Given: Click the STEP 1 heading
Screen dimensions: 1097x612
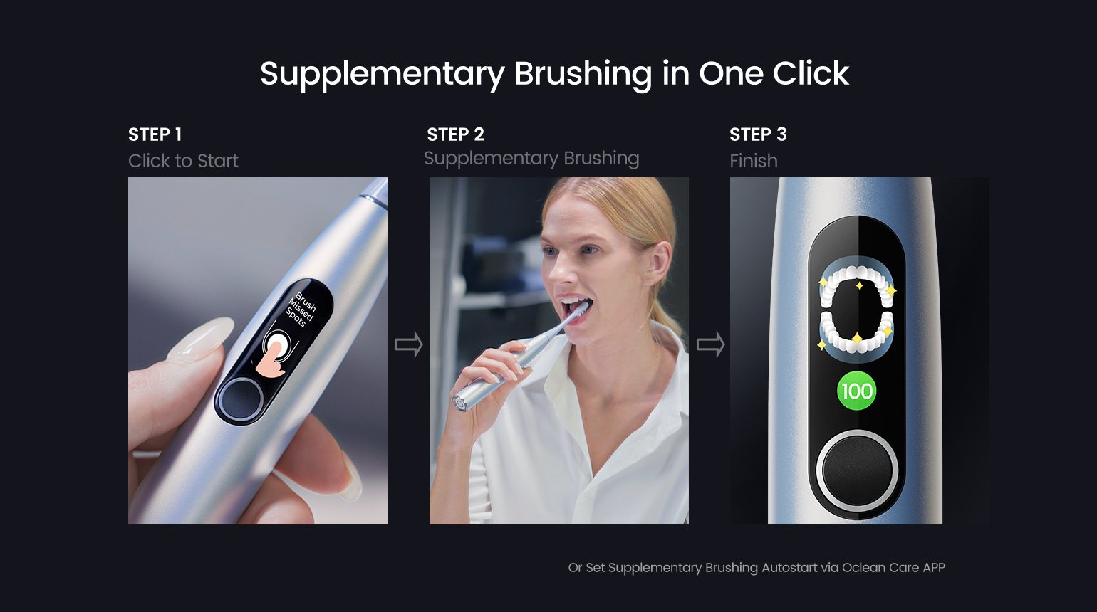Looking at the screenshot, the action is [155, 134].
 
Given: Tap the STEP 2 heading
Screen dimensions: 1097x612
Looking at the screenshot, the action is [455, 134].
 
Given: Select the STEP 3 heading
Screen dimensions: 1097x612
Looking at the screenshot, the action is [758, 134].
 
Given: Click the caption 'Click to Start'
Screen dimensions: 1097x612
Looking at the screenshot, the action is [183, 161].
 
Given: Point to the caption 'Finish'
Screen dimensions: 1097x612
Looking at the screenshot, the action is [753, 161].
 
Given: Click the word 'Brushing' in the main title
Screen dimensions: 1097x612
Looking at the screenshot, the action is [583, 75].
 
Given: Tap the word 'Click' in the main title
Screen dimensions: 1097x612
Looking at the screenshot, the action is [811, 73].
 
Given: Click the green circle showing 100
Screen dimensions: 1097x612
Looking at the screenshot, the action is [856, 391].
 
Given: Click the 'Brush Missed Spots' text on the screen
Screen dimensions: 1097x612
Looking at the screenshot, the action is [301, 310].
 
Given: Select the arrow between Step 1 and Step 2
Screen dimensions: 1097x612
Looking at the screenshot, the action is [408, 344].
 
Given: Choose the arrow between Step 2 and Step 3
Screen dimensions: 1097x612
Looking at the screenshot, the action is [711, 344].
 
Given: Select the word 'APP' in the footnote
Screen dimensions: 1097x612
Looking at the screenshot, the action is [934, 568].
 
